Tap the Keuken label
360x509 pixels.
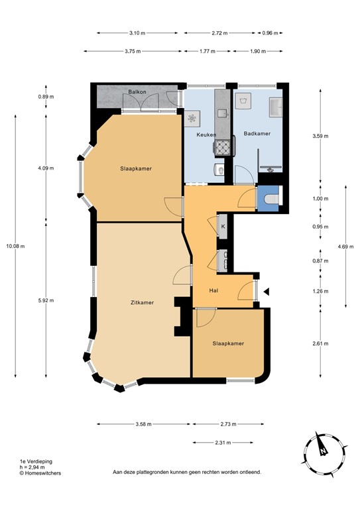click(206, 135)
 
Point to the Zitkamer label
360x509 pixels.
click(142, 302)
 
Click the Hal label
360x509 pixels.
click(213, 290)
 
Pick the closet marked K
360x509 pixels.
click(223, 227)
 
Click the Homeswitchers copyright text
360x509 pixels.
click(42, 473)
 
